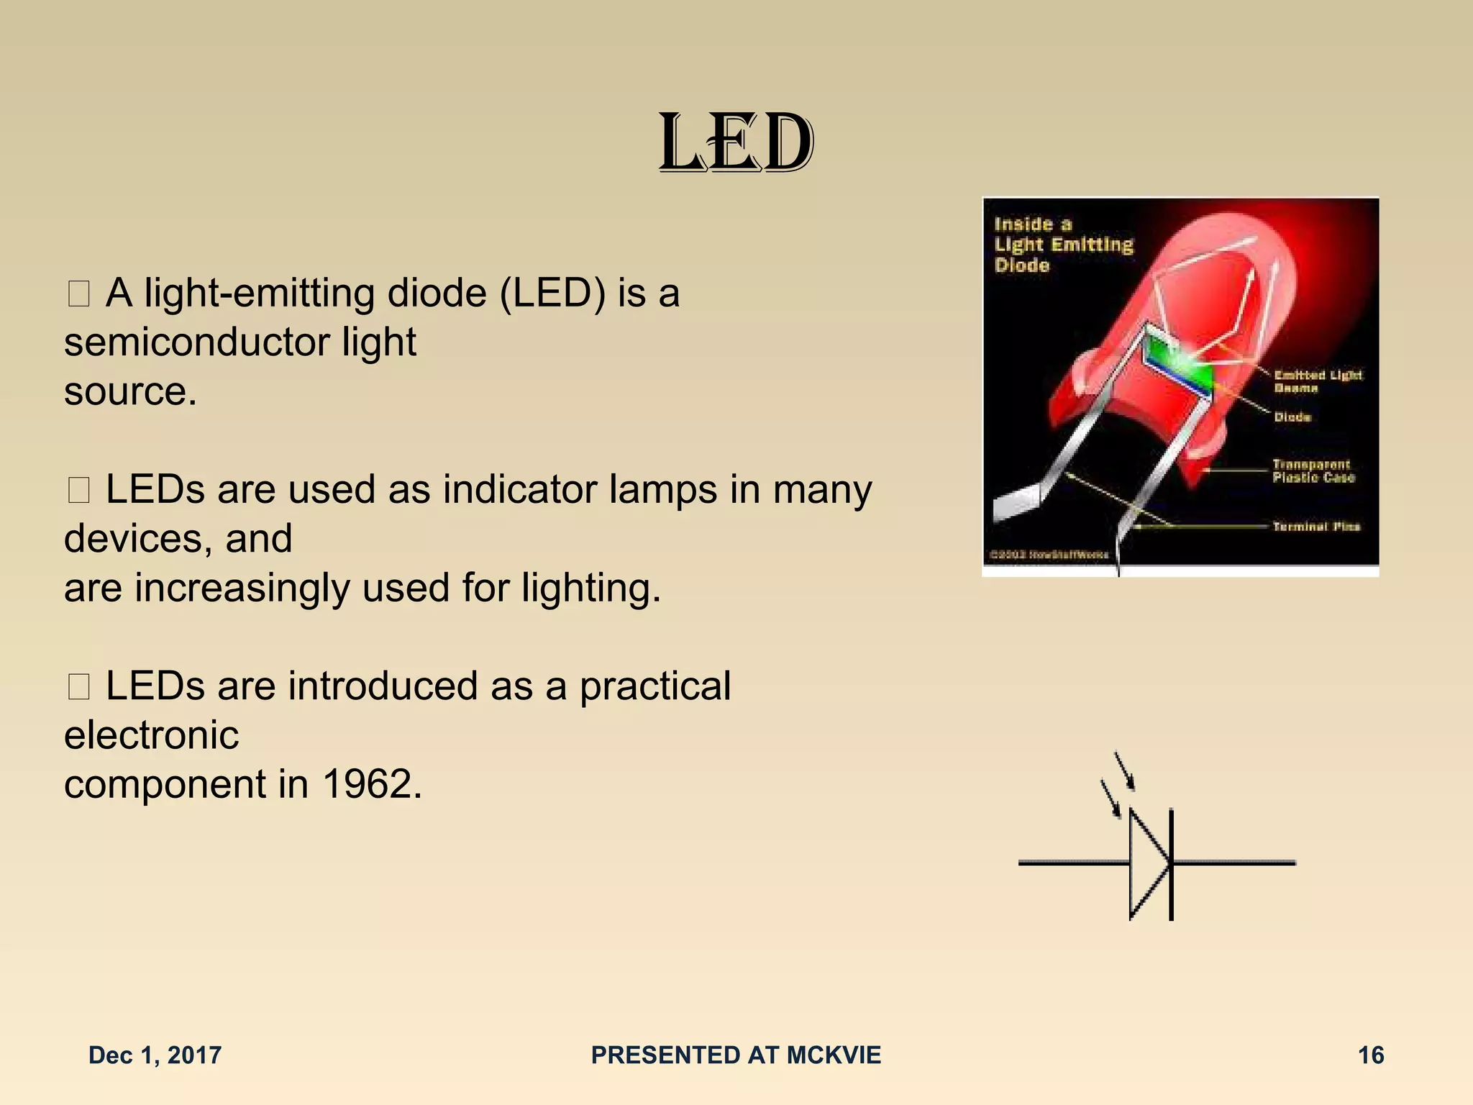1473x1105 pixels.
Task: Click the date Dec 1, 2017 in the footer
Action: [155, 1055]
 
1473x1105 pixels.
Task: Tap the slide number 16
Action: [1370, 1055]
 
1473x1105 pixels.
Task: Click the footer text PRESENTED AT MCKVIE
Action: [736, 1055]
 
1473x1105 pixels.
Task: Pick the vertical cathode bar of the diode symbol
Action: [1172, 863]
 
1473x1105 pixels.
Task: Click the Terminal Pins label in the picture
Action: [1315, 527]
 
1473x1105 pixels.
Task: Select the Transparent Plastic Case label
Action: [1313, 471]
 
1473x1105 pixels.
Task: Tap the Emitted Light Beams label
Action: [1317, 381]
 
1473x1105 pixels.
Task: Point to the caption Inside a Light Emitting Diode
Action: [1062, 245]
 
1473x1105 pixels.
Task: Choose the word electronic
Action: [151, 735]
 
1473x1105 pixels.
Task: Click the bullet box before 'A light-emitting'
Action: [78, 294]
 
